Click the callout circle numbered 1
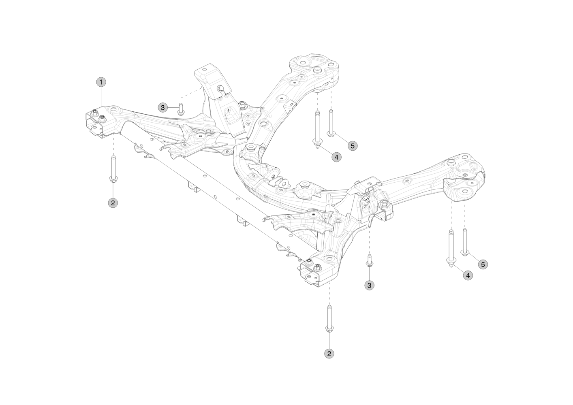101,82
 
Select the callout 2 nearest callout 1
113,203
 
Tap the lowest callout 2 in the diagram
329,353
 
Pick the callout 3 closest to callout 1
162,107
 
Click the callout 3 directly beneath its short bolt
369,285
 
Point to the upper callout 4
336,157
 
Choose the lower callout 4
468,275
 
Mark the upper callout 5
353,146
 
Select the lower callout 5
483,264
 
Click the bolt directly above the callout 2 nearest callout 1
113,169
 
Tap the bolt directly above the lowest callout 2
329,319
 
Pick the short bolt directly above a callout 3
369,260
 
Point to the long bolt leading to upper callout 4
317,129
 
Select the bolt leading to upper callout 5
331,123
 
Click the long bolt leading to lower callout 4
451,248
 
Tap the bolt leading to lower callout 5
464,242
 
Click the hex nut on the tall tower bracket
220,88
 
